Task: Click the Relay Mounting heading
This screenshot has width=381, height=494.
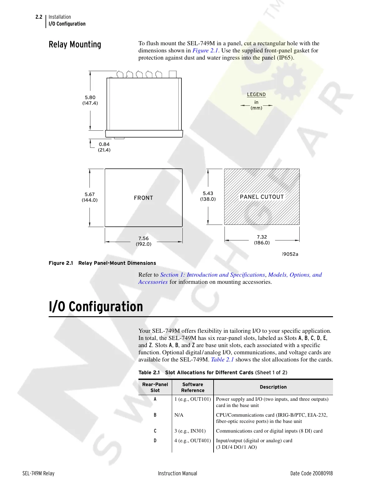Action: (x=75, y=45)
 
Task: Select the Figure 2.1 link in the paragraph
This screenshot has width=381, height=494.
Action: (x=205, y=51)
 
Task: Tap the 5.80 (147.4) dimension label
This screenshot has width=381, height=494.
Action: (x=90, y=100)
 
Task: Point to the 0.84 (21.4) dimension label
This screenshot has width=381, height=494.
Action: (x=104, y=147)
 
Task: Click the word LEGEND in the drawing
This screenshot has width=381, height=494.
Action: (x=256, y=94)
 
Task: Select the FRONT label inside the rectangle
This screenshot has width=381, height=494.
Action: (x=143, y=198)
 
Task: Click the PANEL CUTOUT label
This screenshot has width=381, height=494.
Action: (x=262, y=197)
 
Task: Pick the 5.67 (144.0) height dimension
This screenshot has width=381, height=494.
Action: (x=89, y=197)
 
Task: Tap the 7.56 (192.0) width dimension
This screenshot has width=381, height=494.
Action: (x=143, y=241)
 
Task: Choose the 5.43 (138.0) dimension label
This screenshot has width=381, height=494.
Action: (x=208, y=196)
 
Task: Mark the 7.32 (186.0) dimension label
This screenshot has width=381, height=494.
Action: (x=262, y=240)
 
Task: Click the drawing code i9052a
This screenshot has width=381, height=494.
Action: (x=290, y=254)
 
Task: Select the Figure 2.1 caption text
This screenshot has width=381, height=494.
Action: (x=102, y=263)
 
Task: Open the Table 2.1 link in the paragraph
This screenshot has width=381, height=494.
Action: (x=222, y=360)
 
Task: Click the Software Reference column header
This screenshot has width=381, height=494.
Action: (x=193, y=387)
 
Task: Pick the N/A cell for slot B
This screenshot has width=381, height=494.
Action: (x=179, y=415)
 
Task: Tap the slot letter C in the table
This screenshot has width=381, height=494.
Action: (x=155, y=431)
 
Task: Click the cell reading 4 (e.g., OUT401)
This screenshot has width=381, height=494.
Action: (x=192, y=441)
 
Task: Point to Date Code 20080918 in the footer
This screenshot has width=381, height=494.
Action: (x=311, y=473)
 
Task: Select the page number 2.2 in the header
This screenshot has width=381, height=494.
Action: (x=39, y=17)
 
